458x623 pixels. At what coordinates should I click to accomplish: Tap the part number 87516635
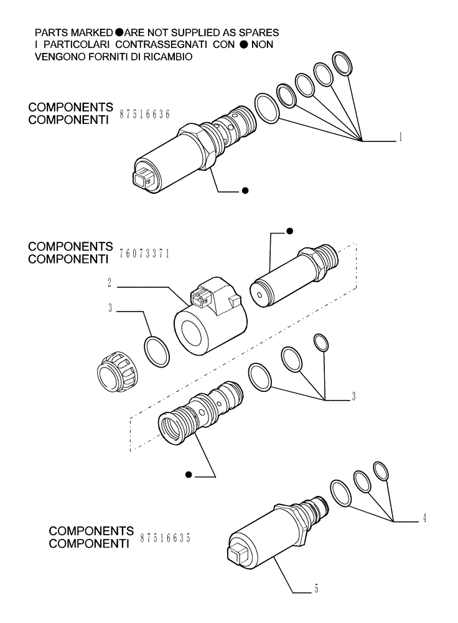(x=165, y=538)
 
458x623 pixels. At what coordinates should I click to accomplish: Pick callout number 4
(x=424, y=517)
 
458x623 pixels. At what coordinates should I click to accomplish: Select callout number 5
(x=316, y=588)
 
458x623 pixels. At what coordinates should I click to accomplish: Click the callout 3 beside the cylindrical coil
(x=110, y=308)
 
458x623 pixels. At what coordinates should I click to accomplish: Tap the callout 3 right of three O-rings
(x=353, y=396)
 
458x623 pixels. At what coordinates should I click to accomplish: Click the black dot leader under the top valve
(x=245, y=191)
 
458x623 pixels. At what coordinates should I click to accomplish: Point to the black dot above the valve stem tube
(x=289, y=232)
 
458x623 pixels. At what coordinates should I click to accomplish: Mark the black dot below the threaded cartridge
(x=188, y=476)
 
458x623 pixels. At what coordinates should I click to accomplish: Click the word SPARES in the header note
(x=257, y=31)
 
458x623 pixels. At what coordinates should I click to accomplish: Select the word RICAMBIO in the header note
(x=169, y=56)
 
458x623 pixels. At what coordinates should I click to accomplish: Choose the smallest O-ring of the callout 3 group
(x=321, y=341)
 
